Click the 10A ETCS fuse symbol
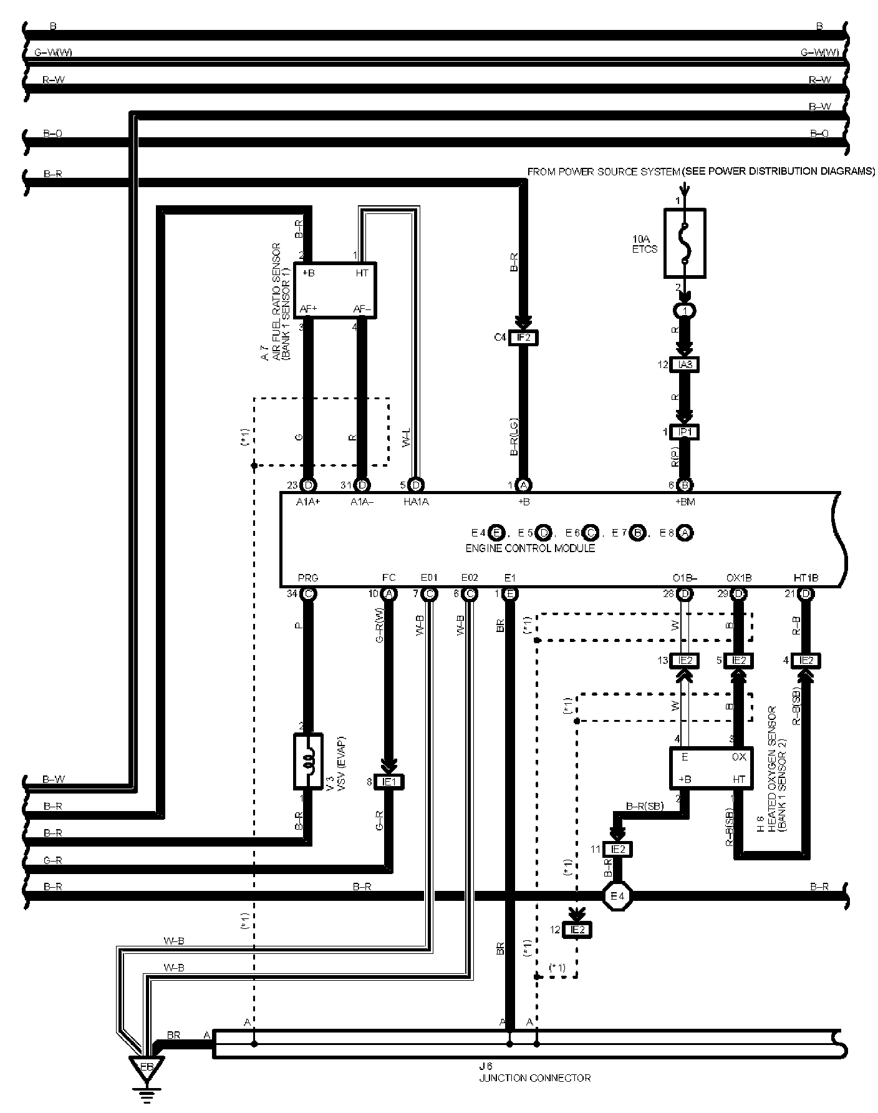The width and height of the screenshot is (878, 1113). pos(685,243)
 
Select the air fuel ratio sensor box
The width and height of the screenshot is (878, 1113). pos(335,290)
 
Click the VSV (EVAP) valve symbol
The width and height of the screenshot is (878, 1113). pos(308,761)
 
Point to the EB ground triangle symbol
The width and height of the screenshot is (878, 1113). pos(147,1067)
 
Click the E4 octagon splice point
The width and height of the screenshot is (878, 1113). pos(617,897)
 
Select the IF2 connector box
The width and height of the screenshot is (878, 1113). pos(523,338)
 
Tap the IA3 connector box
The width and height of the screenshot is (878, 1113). pos(684,364)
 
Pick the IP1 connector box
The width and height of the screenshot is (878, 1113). pos(684,432)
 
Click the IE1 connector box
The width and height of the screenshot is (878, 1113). pos(388,782)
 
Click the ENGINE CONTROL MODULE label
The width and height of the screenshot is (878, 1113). pos(530,548)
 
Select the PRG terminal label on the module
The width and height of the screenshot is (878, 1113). pos(308,578)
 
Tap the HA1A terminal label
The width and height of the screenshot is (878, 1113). pos(417,501)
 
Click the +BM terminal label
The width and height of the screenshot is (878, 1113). pos(685,501)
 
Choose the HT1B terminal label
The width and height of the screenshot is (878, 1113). pos(806,578)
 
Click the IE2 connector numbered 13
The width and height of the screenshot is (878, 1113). pos(684,660)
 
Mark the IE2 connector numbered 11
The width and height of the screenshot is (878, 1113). pos(617,849)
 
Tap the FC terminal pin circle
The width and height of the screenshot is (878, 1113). pos(389,593)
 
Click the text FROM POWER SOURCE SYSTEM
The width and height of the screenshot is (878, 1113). pos(603,172)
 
